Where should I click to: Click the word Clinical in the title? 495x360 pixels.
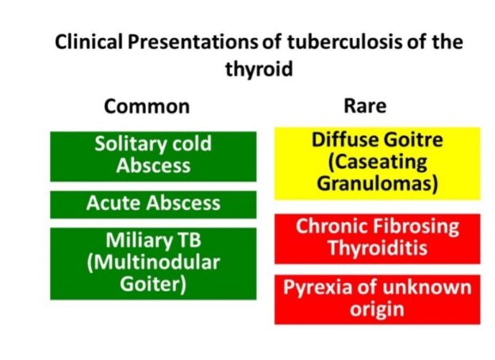pyautogui.click(x=89, y=42)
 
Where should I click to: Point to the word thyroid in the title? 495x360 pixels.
pyautogui.click(x=259, y=69)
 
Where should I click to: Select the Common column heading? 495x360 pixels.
pyautogui.click(x=147, y=106)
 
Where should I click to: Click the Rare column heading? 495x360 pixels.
pyautogui.click(x=365, y=105)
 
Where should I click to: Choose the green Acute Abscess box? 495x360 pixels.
pyautogui.click(x=153, y=205)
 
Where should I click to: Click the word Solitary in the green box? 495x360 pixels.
pyautogui.click(x=129, y=144)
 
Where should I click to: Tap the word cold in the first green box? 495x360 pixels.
pyautogui.click(x=192, y=144)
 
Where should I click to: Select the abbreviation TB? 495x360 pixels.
pyautogui.click(x=190, y=240)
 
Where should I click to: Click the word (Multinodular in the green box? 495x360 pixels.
pyautogui.click(x=153, y=262)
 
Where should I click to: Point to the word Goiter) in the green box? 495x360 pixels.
pyautogui.click(x=153, y=284)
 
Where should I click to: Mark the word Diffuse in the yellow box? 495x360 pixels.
pyautogui.click(x=343, y=140)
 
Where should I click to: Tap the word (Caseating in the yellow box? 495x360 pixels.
pyautogui.click(x=378, y=163)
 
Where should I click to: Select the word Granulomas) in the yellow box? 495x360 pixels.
pyautogui.click(x=378, y=184)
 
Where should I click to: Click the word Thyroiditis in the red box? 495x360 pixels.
pyautogui.click(x=378, y=248)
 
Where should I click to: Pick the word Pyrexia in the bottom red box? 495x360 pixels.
pyautogui.click(x=320, y=288)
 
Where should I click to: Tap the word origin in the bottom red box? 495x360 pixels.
pyautogui.click(x=377, y=309)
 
